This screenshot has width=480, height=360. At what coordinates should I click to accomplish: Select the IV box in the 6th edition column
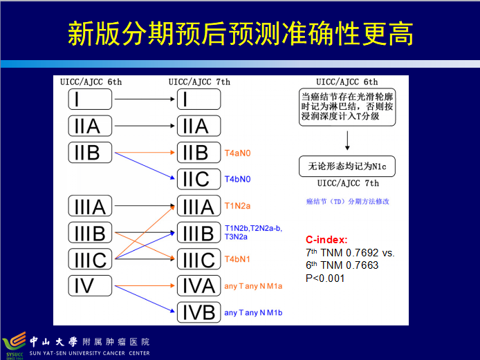click(x=90, y=285)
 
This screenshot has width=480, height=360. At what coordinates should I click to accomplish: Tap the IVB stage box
click(x=199, y=312)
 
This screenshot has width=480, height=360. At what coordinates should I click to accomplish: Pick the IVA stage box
click(x=199, y=285)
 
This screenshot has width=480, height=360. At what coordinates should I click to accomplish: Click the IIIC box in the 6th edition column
click(x=90, y=259)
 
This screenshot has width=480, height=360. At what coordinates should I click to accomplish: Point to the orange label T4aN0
click(x=238, y=152)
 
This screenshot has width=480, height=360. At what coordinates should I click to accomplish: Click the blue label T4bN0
click(x=238, y=180)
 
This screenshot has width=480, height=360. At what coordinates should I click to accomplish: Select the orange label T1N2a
click(x=238, y=206)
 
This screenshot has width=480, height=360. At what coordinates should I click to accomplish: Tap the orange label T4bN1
click(x=238, y=260)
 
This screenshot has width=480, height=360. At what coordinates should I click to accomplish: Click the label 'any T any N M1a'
click(x=253, y=286)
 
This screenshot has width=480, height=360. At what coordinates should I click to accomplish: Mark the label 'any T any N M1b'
click(x=253, y=313)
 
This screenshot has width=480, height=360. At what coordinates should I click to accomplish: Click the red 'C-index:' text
click(x=326, y=240)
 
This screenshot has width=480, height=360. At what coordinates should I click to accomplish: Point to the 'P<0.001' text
click(x=325, y=278)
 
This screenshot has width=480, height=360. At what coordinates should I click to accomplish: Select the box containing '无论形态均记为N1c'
click(x=347, y=167)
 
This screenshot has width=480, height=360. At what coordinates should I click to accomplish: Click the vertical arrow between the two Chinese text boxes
click(x=347, y=140)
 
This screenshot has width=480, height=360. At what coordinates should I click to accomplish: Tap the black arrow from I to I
click(x=143, y=100)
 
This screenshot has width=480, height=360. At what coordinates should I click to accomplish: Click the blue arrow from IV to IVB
click(x=143, y=298)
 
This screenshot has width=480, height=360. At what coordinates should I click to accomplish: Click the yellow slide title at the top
click(x=240, y=33)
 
